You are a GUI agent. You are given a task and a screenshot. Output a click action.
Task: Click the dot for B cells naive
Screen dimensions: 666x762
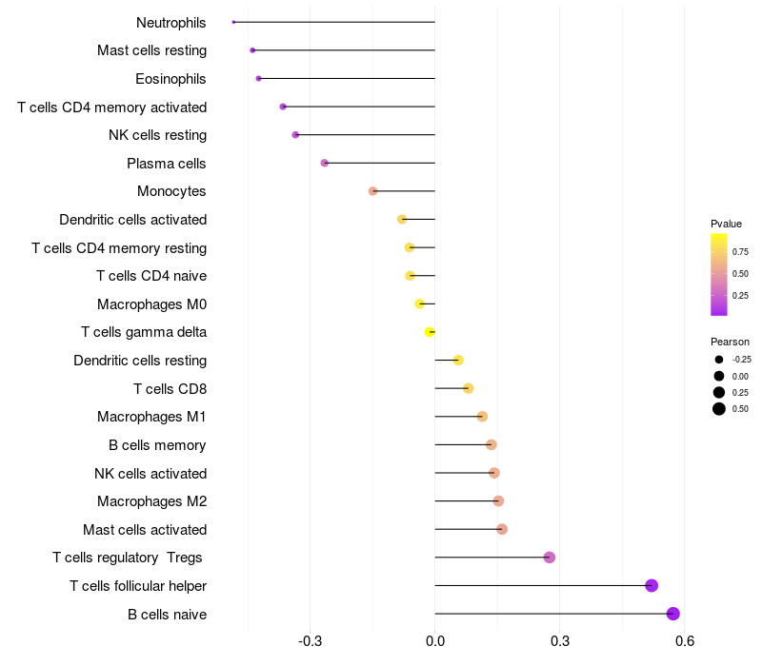pos(673,614)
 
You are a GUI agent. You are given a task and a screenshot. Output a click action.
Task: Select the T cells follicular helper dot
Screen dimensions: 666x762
pos(652,585)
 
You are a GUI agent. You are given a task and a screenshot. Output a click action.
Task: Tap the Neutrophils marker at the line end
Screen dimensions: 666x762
pos(233,22)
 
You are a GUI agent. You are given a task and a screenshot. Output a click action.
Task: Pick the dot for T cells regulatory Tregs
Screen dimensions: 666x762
pos(550,558)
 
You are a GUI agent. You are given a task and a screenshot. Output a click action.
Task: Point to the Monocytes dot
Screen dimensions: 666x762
pos(373,191)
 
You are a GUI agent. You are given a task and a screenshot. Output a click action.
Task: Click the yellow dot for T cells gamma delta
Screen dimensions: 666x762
pos(430,332)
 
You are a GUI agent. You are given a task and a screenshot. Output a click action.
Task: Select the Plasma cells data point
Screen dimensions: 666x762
pos(325,163)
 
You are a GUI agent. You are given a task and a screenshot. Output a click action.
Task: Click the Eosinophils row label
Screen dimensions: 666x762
pos(170,79)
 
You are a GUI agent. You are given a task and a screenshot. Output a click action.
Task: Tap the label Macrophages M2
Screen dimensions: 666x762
pos(151,501)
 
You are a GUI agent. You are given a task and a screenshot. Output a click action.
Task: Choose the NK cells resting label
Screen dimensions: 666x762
pos(157,135)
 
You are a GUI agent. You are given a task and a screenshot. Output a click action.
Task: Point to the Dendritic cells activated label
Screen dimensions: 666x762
pos(132,220)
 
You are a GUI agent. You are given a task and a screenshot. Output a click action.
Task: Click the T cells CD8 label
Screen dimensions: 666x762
pos(170,389)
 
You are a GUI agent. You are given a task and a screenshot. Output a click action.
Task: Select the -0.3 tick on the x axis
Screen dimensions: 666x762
pos(311,641)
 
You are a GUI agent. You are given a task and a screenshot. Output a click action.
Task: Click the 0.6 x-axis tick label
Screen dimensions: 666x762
pos(684,641)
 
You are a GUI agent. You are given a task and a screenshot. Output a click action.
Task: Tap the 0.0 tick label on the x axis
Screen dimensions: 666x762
pos(435,641)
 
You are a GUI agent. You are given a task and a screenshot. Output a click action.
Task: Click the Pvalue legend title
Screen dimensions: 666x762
pos(726,224)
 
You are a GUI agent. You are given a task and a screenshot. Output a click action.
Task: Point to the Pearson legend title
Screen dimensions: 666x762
pos(730,342)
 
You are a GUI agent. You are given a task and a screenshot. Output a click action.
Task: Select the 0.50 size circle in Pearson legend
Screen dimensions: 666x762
pos(719,409)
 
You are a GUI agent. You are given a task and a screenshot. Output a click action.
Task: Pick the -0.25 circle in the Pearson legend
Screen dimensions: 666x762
pos(719,360)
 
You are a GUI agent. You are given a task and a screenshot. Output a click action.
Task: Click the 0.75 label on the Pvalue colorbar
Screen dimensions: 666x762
pos(740,252)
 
